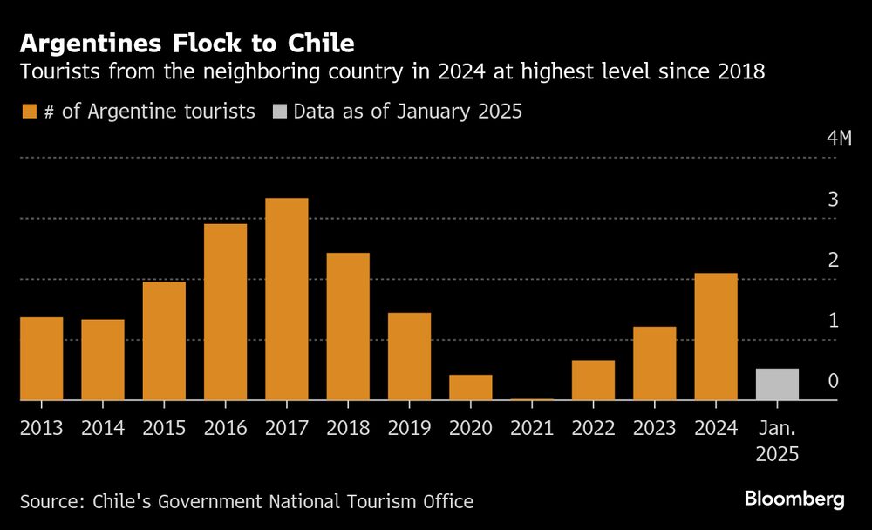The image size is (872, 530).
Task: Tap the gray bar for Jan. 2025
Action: [777, 384]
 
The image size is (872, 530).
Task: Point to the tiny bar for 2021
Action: [532, 399]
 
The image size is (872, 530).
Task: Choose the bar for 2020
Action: [471, 387]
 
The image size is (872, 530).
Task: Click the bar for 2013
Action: [42, 358]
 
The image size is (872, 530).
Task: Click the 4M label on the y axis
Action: [838, 139]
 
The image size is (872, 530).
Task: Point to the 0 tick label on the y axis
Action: [834, 381]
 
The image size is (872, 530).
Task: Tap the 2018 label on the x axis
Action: [348, 427]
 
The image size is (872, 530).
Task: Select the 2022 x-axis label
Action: [593, 427]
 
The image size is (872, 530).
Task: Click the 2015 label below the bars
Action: [164, 427]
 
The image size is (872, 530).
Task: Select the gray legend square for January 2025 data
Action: [279, 112]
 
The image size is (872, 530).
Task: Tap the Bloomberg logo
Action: [794, 499]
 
